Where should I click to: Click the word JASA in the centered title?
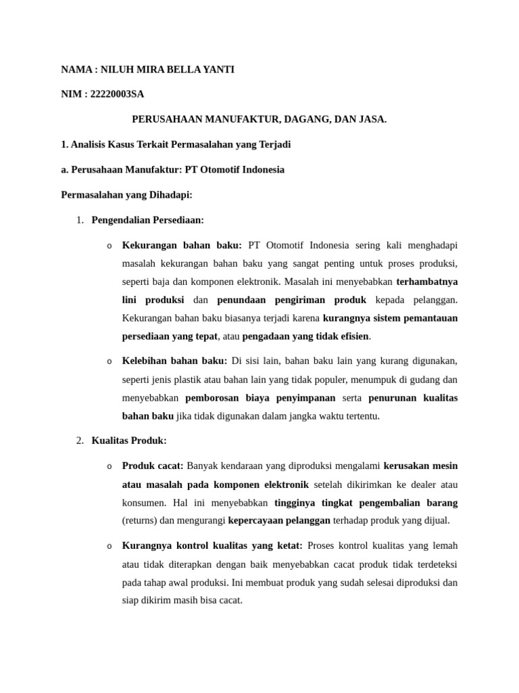[x=372, y=119]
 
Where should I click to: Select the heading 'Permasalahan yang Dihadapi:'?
[x=127, y=195]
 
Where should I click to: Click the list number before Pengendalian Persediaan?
[x=79, y=220]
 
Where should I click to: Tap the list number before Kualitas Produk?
[x=79, y=441]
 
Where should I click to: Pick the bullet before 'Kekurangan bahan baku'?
[x=109, y=246]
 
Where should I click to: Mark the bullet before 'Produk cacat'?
[x=109, y=466]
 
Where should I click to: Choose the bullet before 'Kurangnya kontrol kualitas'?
[x=109, y=546]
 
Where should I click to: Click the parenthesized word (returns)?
[x=139, y=520]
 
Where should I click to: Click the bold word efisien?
[x=353, y=336]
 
